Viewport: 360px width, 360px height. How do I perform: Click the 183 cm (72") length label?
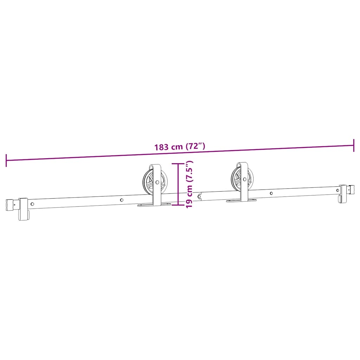pyautogui.click(x=179, y=147)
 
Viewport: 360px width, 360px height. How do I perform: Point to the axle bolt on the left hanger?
pyautogui.click(x=157, y=182)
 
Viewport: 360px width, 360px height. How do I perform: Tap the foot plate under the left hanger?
pyautogui.click(x=154, y=205)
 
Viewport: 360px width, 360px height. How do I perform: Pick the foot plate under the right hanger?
pyautogui.click(x=241, y=200)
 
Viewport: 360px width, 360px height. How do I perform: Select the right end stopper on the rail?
pyautogui.click(x=343, y=193)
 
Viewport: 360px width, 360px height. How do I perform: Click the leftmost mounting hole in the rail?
pyautogui.click(x=32, y=204)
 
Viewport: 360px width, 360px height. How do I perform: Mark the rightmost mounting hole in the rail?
pyautogui.click(x=337, y=190)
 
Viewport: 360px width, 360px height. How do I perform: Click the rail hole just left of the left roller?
pyautogui.click(x=122, y=200)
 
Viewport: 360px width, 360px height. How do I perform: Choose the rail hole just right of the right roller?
pyautogui.click(x=271, y=193)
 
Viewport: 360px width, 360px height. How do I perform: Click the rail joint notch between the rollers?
pyautogui.click(x=200, y=196)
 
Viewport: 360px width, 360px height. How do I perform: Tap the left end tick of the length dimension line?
pyautogui.click(x=6, y=160)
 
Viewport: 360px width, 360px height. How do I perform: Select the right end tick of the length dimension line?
pyautogui.click(x=353, y=145)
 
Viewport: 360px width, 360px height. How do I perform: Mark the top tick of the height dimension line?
pyautogui.click(x=178, y=164)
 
